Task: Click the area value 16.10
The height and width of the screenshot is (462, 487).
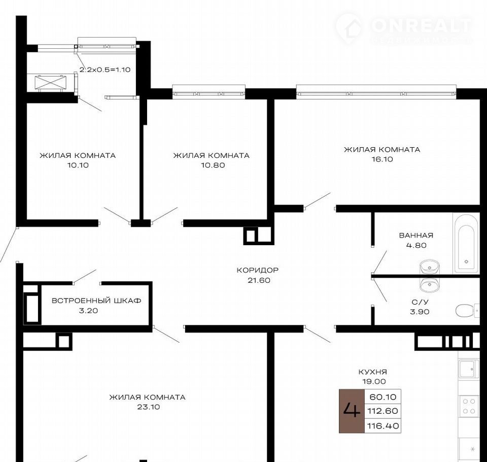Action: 382,159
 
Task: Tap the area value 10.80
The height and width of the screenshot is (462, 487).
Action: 213,165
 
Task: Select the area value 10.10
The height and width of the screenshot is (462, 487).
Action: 78,165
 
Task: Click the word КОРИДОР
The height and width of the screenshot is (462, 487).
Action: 258,270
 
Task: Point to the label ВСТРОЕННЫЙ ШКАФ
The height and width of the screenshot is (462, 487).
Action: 96,301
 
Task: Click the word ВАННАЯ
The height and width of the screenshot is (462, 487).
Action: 416,236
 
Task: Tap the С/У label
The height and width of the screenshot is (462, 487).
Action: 420,302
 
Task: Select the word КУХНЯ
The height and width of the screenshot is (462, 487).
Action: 373,372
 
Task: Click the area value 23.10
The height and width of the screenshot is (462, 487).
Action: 149,407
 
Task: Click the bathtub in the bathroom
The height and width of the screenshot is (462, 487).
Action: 466,243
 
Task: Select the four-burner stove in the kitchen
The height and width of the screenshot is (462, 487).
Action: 469,406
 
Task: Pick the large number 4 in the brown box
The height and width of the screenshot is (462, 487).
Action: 352,411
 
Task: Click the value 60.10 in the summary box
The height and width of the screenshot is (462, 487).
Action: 383,397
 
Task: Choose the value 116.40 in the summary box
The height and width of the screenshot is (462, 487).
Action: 383,425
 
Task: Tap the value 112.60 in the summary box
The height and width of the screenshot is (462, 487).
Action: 382,411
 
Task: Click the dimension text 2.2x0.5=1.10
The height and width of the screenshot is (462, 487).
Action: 105,70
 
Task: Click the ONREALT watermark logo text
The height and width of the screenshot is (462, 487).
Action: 421,25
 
